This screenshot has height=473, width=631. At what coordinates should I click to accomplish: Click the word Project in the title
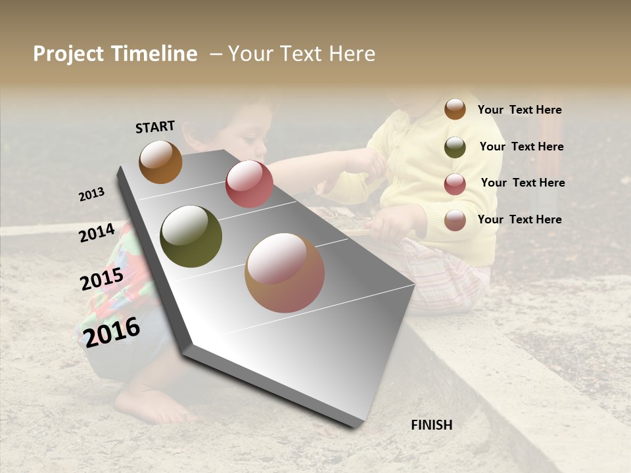point(68,54)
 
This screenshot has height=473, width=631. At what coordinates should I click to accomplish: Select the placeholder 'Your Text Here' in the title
point(302,54)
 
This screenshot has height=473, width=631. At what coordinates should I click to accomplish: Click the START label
point(155,127)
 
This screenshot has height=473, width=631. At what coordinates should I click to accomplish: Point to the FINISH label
point(432,425)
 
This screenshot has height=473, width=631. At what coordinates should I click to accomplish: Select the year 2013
point(91,194)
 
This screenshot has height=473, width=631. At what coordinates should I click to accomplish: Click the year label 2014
point(97,233)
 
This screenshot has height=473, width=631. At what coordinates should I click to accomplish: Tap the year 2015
point(102,280)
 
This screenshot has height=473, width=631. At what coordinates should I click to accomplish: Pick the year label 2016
point(112,332)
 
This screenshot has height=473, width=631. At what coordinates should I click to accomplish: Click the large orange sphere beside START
point(160,162)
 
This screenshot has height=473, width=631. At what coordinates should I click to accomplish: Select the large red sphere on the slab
point(249,184)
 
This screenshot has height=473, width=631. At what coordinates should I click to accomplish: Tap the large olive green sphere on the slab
point(191,236)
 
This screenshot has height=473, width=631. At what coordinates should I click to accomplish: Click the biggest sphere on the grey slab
point(285,273)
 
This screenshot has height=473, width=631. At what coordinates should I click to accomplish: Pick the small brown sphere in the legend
point(455,109)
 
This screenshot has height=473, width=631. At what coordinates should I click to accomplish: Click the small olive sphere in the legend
point(455,147)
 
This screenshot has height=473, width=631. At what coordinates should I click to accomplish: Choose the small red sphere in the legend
point(455,184)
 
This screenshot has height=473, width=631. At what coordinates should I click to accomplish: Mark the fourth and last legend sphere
point(455,220)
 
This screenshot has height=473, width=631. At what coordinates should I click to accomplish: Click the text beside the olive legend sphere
point(521,146)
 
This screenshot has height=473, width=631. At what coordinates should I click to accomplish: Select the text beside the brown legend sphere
point(519,110)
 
